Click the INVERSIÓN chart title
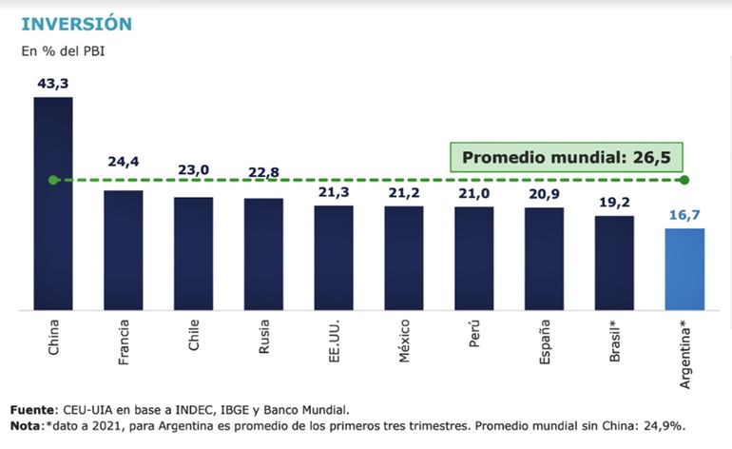[x=77, y=22]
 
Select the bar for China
[x=53, y=204]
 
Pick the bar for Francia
[x=124, y=250]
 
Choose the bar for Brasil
[x=614, y=263]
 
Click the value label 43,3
[x=53, y=84]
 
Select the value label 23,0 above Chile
[x=193, y=170]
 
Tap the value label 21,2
[x=404, y=193]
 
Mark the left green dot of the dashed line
[x=53, y=180]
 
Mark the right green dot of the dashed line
[x=684, y=180]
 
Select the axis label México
[x=405, y=340]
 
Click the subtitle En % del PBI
[x=63, y=50]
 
